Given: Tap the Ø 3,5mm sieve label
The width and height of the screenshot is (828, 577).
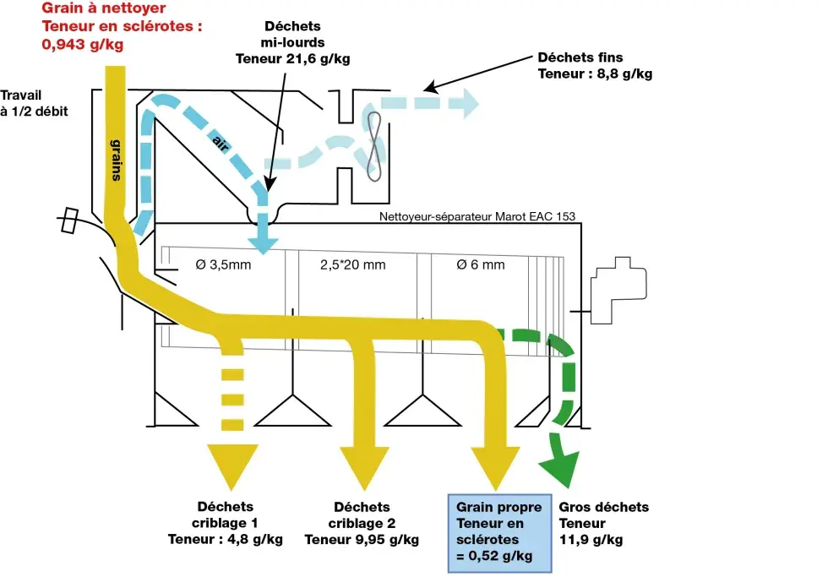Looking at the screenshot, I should click(x=224, y=264).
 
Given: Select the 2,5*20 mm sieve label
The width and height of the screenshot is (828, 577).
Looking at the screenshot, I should click(x=352, y=264).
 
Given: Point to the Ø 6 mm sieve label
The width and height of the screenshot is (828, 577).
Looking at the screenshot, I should click(x=480, y=264).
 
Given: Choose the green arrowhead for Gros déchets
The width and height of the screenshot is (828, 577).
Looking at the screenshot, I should click(x=558, y=462).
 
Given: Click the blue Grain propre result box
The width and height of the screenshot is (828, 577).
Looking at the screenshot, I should click(x=499, y=531).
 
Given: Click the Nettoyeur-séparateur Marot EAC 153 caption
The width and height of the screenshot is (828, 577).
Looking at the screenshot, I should click(x=477, y=216).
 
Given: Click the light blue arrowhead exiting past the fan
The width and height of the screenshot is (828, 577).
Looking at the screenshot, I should click(x=464, y=103).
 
